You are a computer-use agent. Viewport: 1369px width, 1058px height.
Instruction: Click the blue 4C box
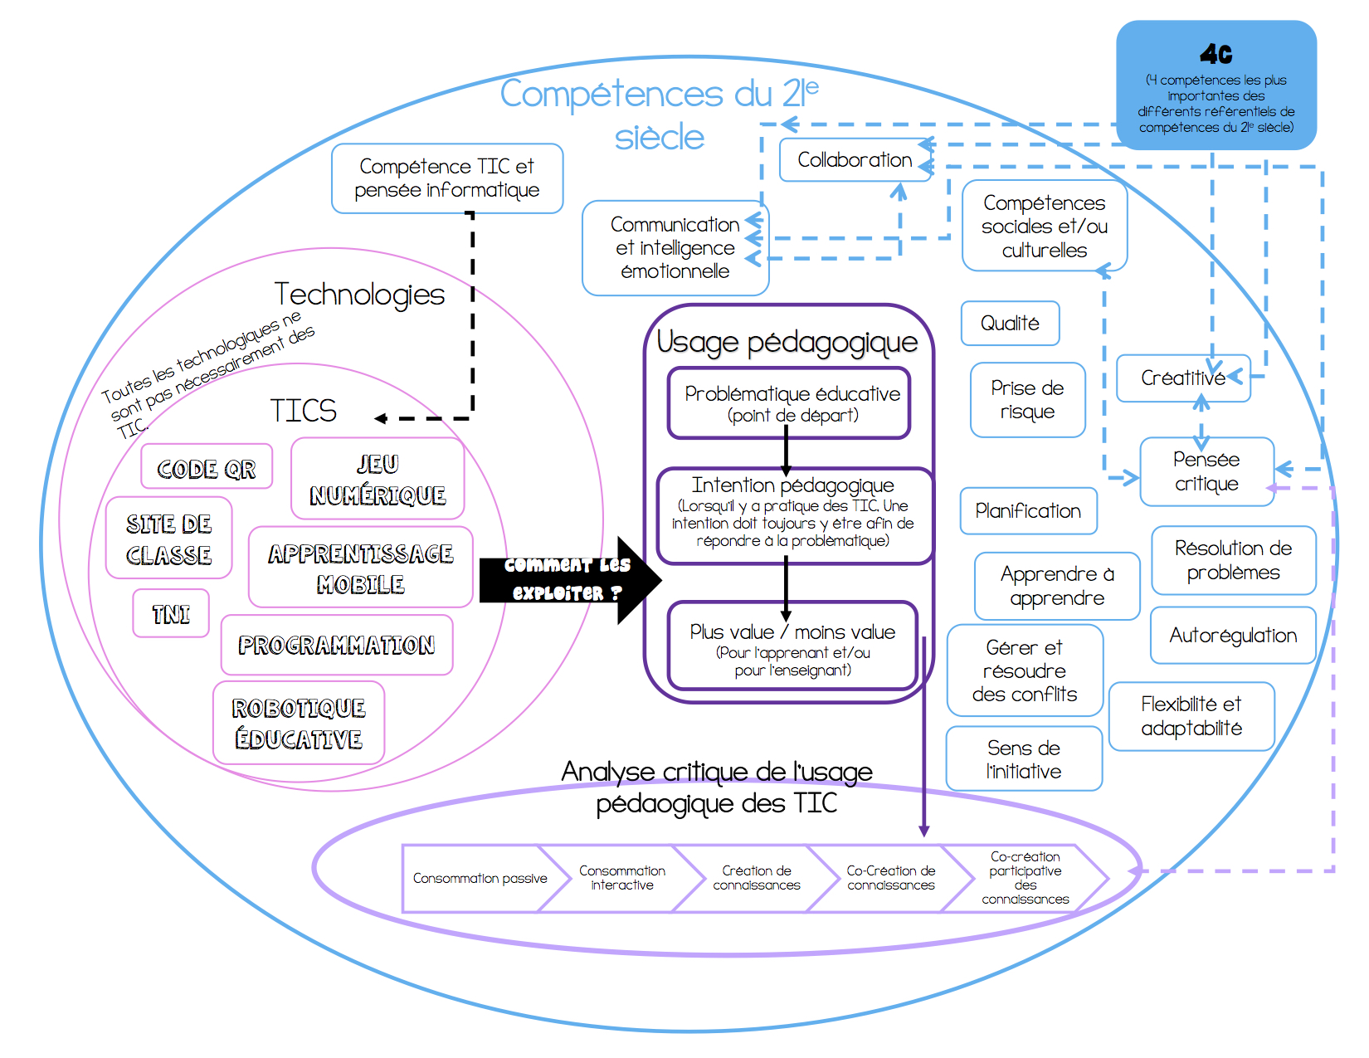coord(1216,85)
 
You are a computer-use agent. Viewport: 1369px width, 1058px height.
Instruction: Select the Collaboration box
coord(855,160)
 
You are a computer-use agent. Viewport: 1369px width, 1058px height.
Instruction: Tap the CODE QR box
coord(207,468)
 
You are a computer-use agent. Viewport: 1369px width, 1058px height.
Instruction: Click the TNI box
coord(171,614)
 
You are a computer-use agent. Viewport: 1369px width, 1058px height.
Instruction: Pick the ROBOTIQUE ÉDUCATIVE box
coord(299,724)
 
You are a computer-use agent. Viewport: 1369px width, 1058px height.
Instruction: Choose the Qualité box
coord(1010,324)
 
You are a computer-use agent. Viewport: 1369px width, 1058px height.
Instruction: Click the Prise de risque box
coord(1027,400)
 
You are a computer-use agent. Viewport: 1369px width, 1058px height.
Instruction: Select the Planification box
coord(1028,511)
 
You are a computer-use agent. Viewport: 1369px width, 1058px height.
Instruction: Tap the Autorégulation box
coord(1233,636)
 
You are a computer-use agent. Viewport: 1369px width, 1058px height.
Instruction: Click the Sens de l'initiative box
coord(1024,759)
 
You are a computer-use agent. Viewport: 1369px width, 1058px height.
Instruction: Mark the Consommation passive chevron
coord(477,879)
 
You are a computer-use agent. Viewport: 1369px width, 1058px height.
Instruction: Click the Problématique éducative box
coord(790,403)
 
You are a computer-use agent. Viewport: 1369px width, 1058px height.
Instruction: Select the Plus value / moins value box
coord(792,646)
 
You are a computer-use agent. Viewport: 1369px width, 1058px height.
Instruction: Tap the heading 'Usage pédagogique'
coord(787,342)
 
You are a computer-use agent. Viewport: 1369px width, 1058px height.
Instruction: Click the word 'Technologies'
coord(359,295)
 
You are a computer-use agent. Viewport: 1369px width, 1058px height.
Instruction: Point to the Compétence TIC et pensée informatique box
coord(447,178)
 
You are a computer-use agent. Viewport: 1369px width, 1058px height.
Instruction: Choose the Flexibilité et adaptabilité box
coord(1191,716)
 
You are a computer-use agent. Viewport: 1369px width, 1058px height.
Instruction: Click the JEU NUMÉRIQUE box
coord(378,479)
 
